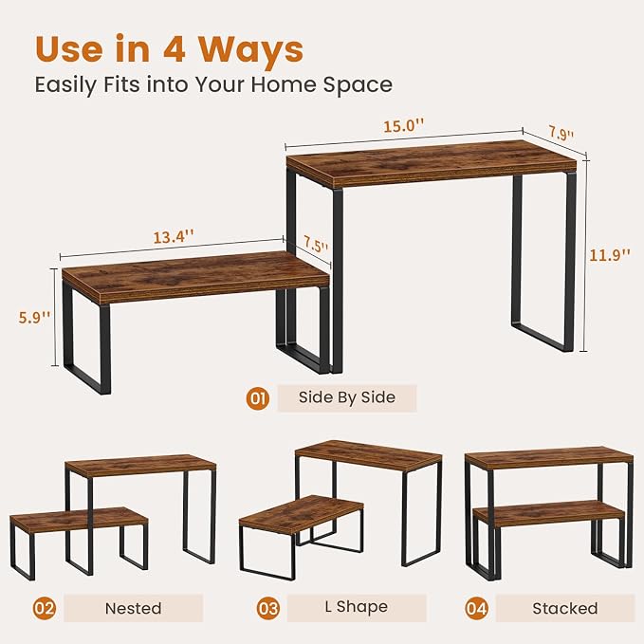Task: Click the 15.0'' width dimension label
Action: tap(403, 125)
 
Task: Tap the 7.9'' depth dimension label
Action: tap(561, 134)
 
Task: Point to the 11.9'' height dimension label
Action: tap(610, 255)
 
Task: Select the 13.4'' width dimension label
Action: tap(174, 236)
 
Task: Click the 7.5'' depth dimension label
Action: tap(316, 245)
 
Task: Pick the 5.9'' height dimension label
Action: tap(34, 317)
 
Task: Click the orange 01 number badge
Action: tap(258, 398)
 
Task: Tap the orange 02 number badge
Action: tap(45, 608)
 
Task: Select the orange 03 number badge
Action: tap(268, 608)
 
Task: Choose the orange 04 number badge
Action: tap(476, 608)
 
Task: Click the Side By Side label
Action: tap(347, 397)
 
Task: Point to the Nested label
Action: tap(133, 608)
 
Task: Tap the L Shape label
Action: tap(356, 607)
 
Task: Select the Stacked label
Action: tap(565, 608)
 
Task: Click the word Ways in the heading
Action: tap(251, 49)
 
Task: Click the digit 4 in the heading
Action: tap(175, 49)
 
